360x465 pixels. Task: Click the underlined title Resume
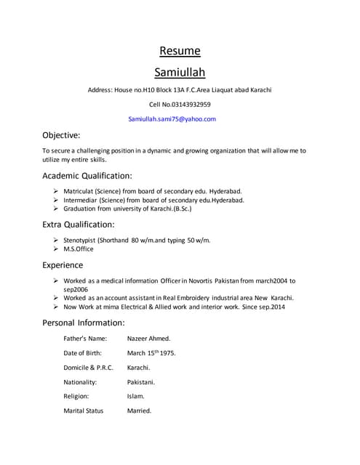[x=180, y=51]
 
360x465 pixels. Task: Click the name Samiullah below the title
[x=180, y=73]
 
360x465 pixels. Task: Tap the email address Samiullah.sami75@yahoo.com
[x=172, y=119]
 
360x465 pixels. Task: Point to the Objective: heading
[x=61, y=135]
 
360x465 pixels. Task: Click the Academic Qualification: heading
[x=87, y=176]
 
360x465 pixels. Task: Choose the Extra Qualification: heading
[x=79, y=225]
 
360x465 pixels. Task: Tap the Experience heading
[x=63, y=265]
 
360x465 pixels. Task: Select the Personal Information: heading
[x=84, y=323]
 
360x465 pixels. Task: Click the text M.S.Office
[x=79, y=249]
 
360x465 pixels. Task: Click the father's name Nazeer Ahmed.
[x=149, y=339]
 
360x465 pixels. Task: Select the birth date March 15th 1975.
[x=151, y=353]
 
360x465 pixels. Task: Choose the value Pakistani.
[x=141, y=381]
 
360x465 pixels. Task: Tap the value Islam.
[x=136, y=396]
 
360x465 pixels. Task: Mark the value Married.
[x=139, y=411]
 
